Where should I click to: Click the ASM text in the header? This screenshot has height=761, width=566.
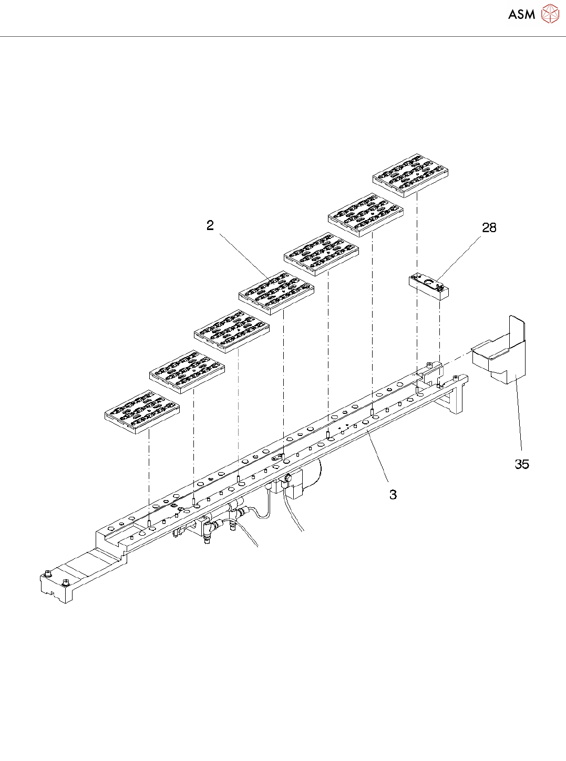(x=521, y=15)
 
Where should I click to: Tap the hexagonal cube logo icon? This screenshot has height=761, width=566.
(x=550, y=14)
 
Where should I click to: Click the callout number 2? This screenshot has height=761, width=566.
(x=210, y=225)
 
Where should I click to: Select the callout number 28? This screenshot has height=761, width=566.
(x=489, y=227)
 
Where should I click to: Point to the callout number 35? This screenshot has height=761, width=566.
(x=521, y=464)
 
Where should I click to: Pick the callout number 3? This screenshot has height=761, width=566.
(x=393, y=494)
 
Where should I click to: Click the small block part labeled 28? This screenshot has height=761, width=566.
(x=429, y=286)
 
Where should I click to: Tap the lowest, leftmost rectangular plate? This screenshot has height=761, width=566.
(x=142, y=412)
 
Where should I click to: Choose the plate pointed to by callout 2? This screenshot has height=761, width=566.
(x=276, y=293)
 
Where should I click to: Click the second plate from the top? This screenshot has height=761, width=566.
(x=366, y=215)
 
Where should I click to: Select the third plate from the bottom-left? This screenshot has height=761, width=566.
(x=232, y=332)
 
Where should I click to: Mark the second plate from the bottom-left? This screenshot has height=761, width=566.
(x=187, y=372)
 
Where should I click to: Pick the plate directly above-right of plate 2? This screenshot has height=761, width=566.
(x=322, y=254)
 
